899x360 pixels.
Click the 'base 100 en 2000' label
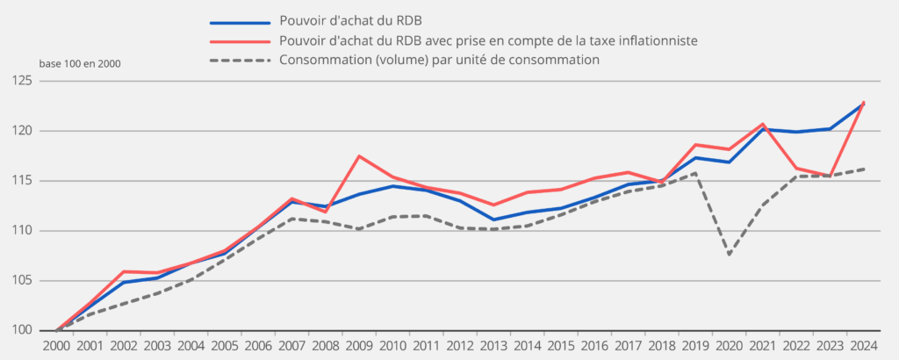point(80,64)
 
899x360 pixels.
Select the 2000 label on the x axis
point(56,348)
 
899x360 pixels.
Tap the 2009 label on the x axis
point(358,348)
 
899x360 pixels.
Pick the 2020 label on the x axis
point(729,348)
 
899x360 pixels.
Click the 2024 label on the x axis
point(863,348)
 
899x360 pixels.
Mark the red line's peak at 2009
point(358,156)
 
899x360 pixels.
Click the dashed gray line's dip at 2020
point(729,255)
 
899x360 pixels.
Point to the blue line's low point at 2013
point(493,220)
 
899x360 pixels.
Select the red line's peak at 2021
point(762,124)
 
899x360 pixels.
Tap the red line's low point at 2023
point(830,176)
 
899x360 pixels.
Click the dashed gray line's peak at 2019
point(695,173)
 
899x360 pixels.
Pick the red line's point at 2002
point(124,271)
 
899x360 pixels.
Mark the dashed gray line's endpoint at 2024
point(863,169)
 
